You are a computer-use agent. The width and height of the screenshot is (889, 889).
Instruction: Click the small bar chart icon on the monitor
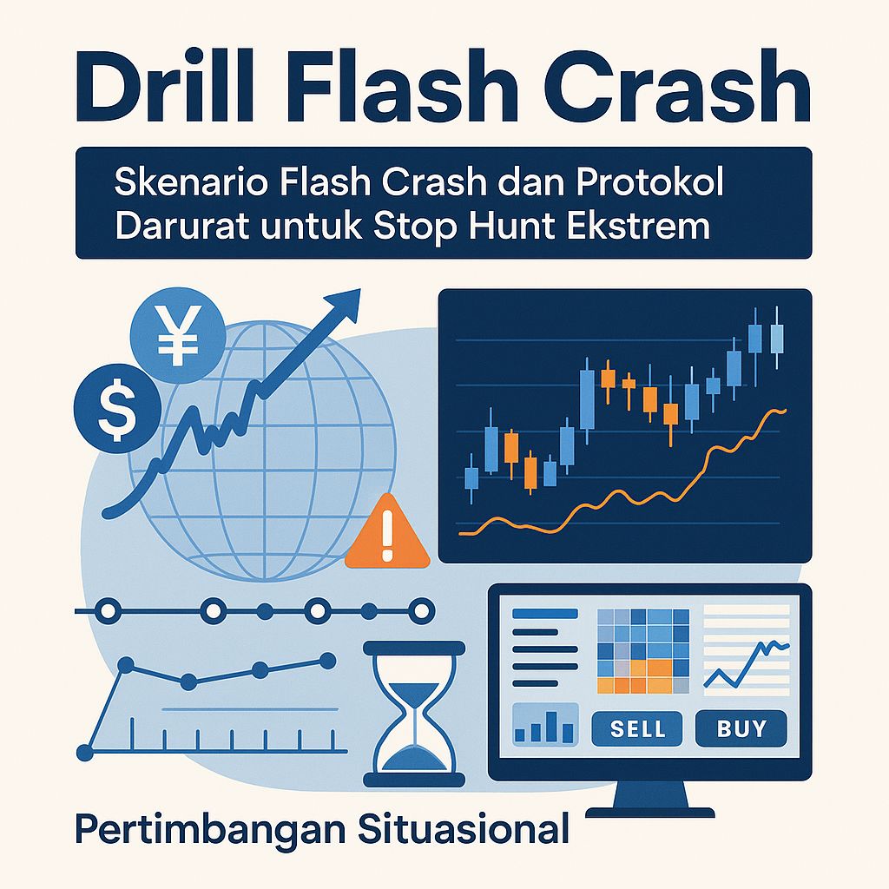(x=544, y=724)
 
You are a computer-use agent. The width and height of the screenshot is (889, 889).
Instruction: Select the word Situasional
(x=464, y=828)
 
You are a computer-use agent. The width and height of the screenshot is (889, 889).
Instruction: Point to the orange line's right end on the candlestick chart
(x=784, y=410)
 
